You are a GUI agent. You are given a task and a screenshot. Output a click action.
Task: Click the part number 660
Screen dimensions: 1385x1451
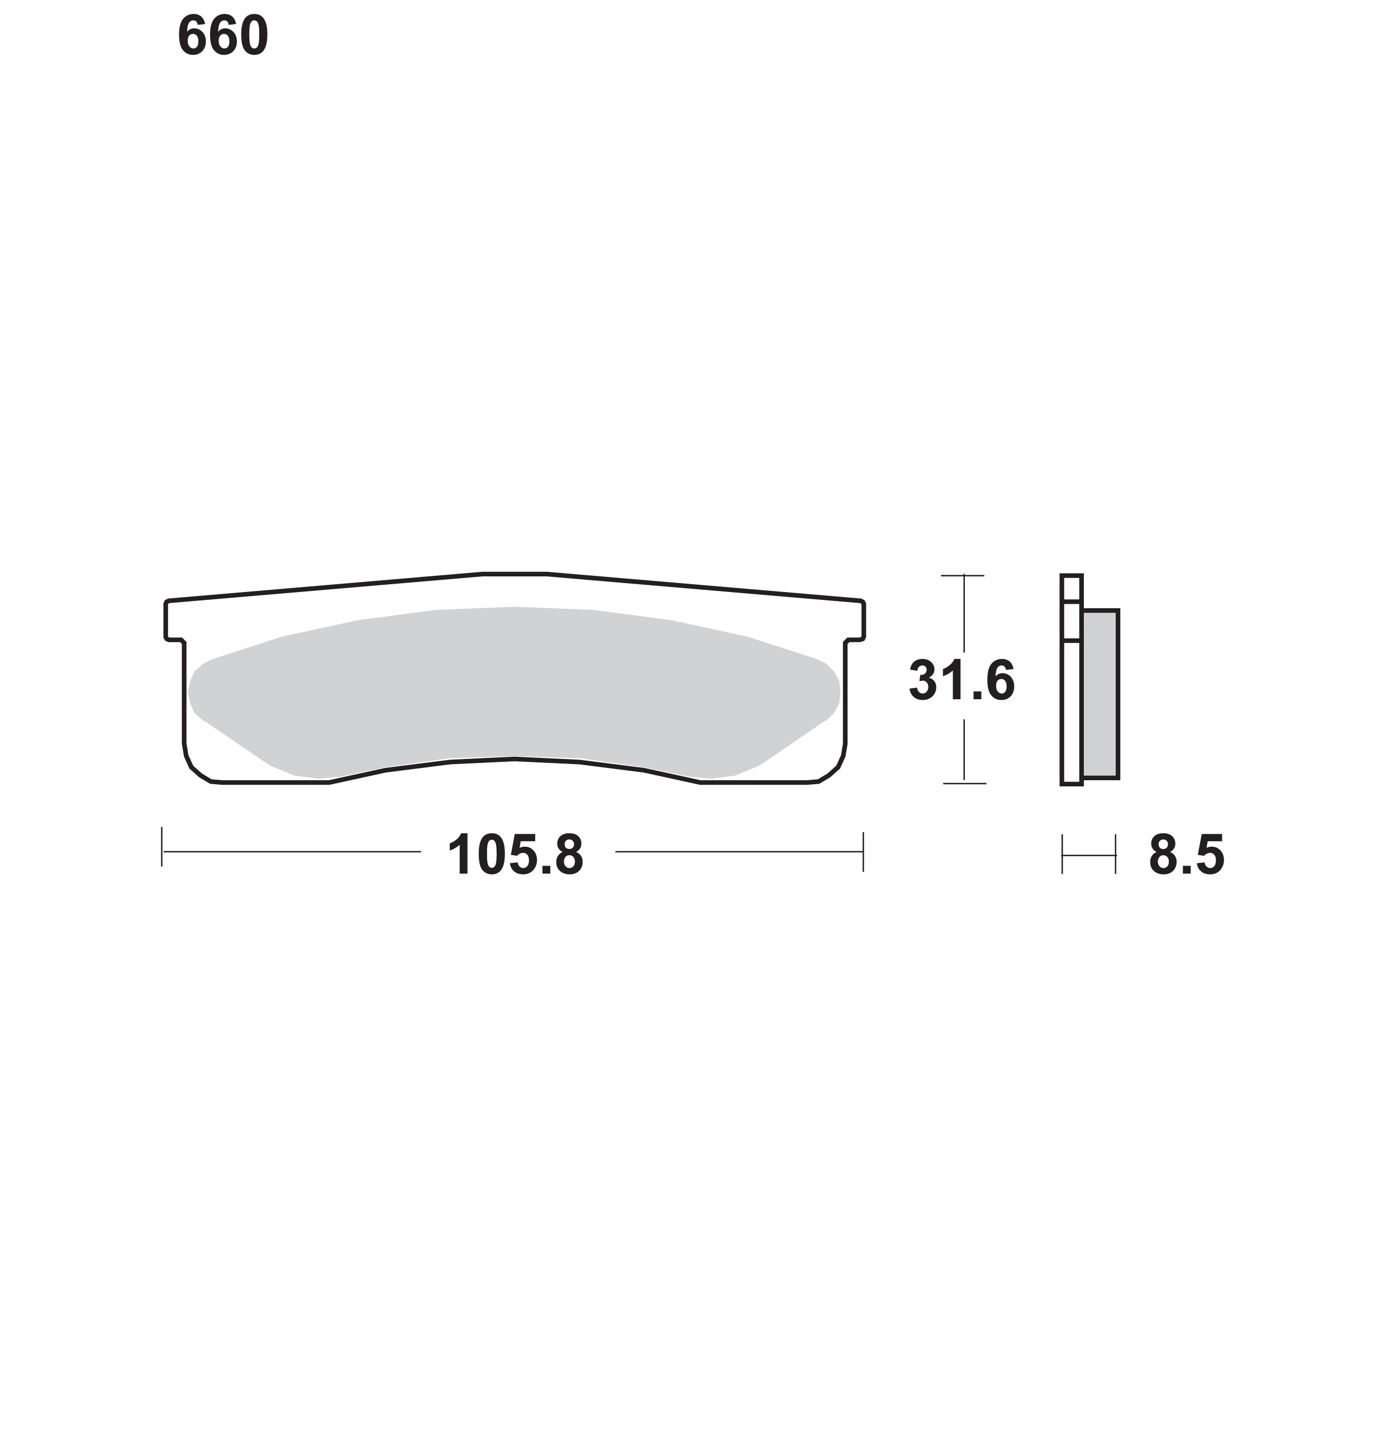[223, 36]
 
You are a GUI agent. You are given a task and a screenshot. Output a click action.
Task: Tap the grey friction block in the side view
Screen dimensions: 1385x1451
[1101, 694]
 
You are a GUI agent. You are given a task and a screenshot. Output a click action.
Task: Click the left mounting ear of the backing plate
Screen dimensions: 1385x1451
[174, 621]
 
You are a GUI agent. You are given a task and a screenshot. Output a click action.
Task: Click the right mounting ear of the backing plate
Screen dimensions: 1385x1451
[855, 621]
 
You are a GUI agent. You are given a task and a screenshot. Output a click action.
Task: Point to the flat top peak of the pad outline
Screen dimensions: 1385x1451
[515, 574]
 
